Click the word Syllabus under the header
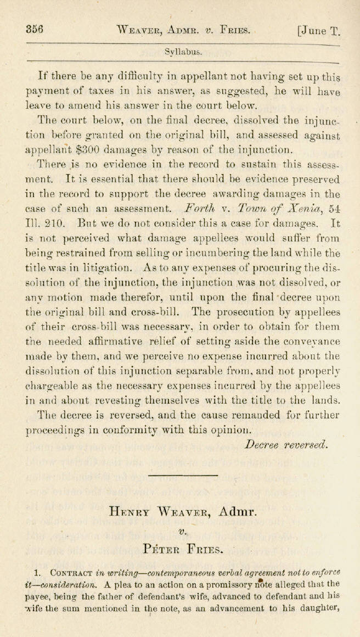[183, 53]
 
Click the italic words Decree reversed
[286, 444]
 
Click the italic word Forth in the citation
[201, 209]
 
